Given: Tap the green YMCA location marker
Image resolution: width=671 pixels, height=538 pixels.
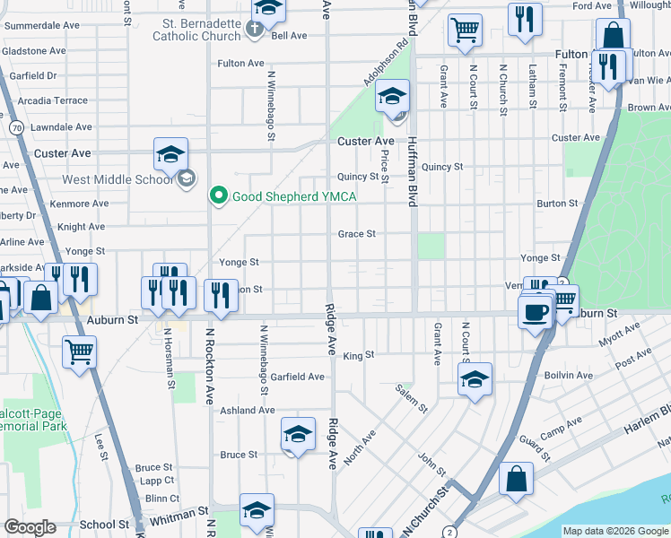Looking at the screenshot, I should point(217,195).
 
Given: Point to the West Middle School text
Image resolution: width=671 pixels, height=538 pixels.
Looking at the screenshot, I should point(117,179).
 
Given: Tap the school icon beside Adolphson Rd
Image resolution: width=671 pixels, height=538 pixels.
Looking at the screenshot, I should point(392,97).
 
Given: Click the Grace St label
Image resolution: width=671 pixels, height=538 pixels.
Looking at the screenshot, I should point(356,234).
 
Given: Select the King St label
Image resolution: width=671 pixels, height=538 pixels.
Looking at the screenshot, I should point(358,356).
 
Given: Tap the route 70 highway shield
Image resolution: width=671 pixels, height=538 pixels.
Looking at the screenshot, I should point(17,129).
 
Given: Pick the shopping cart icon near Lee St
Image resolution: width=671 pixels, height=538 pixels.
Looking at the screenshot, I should point(80,351).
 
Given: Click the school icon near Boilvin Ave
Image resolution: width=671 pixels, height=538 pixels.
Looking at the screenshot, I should point(475,379).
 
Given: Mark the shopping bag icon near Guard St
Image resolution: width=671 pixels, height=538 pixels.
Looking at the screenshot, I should point(517,478).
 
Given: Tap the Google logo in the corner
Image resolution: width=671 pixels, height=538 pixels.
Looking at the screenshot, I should point(30,527).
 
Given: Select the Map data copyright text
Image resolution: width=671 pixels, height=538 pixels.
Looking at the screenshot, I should point(615,531).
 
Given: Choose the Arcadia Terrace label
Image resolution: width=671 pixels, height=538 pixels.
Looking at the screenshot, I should point(46,101).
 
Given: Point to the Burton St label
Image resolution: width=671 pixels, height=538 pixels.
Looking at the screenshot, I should point(556,204).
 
